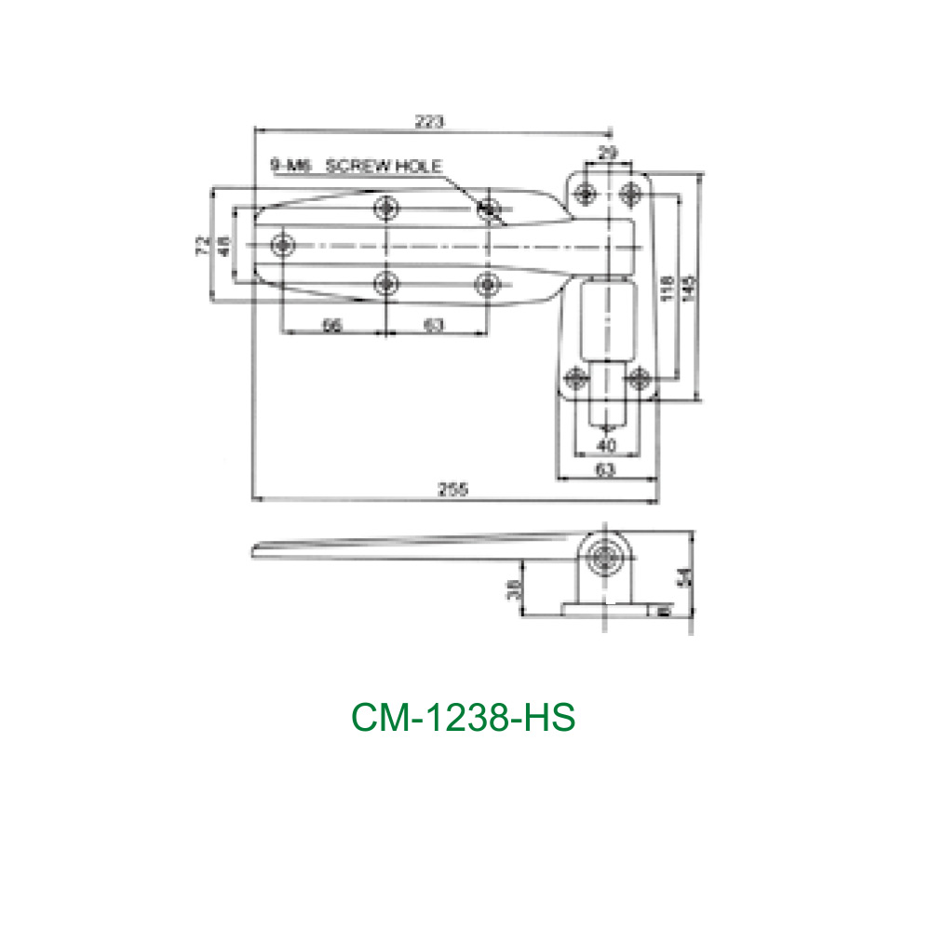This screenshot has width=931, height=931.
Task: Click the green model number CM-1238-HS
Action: click(x=463, y=718)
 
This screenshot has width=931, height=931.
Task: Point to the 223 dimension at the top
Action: click(x=430, y=121)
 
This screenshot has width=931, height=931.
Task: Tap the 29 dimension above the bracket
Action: click(x=606, y=152)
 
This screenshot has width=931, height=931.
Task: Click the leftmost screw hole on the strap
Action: click(x=283, y=244)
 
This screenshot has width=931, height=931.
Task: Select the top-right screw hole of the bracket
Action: click(x=631, y=193)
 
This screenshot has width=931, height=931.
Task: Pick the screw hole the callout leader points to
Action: click(x=488, y=209)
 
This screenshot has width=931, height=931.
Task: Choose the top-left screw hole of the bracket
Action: click(x=586, y=193)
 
